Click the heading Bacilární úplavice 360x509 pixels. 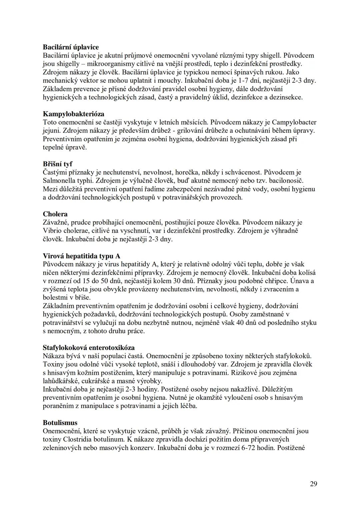(x=71, y=47)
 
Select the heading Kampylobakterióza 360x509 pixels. (x=73, y=114)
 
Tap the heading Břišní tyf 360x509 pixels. (x=57, y=164)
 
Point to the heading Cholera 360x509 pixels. (x=55, y=214)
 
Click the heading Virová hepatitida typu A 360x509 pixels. (x=82, y=256)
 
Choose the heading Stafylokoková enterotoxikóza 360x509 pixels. (x=89, y=348)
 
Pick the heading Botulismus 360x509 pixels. (x=60, y=423)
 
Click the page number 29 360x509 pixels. (x=313, y=484)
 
